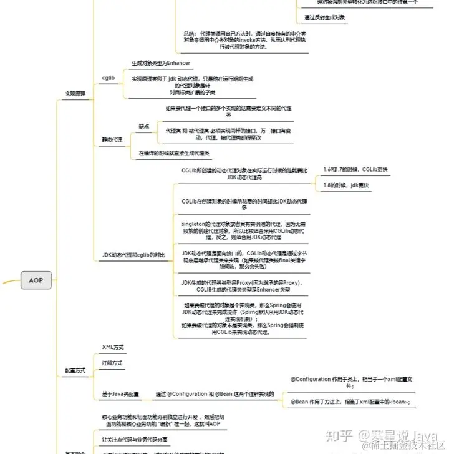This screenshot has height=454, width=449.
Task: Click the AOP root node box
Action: tap(36, 280)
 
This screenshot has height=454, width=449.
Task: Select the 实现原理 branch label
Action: tap(75, 93)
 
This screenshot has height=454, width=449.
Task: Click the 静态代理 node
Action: tap(112, 139)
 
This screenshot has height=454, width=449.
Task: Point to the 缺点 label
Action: tap(144, 126)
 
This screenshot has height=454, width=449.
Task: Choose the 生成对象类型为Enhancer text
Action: tap(161, 63)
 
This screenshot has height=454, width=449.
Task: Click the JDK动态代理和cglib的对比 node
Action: tap(133, 255)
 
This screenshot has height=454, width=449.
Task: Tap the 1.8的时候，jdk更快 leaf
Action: tap(346, 185)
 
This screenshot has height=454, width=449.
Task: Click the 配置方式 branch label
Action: tap(75, 370)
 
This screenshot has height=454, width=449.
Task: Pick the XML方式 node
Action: tap(113, 347)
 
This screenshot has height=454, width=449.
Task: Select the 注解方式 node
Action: tap(112, 363)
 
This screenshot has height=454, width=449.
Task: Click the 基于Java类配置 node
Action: tap(121, 394)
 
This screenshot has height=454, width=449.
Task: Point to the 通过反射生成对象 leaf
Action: tap(325, 17)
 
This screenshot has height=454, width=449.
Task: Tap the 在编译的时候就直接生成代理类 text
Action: tap(174, 153)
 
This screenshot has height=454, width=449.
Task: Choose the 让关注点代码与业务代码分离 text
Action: tap(140, 439)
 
